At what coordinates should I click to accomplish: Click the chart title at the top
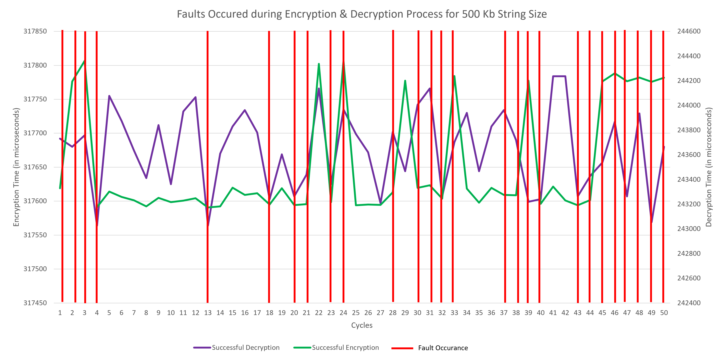pyautogui.click(x=362, y=14)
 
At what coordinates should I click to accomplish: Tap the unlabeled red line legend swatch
pyautogui.click(x=402, y=348)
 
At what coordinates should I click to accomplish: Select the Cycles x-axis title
pyautogui.click(x=362, y=325)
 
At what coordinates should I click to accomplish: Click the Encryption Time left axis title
pyautogui.click(x=16, y=167)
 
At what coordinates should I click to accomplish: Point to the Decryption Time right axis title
pyautogui.click(x=709, y=167)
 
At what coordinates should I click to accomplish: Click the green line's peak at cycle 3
pyautogui.click(x=84, y=61)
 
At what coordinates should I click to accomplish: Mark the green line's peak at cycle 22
pyautogui.click(x=319, y=64)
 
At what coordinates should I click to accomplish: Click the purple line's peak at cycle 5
pyautogui.click(x=109, y=96)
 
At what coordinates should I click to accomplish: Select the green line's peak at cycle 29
pyautogui.click(x=405, y=81)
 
